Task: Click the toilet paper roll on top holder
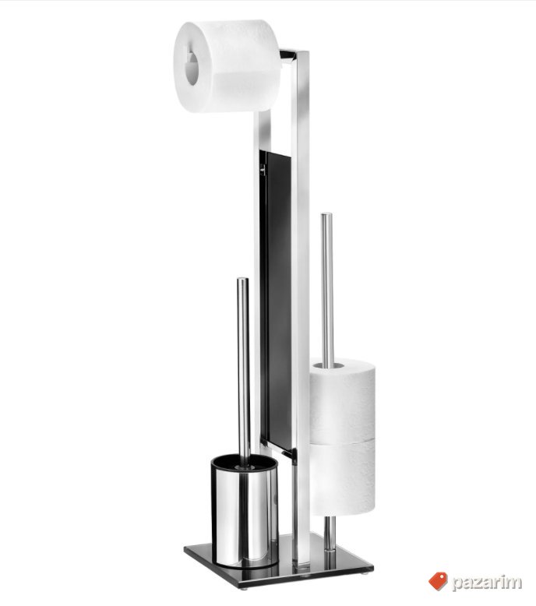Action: [x=226, y=66]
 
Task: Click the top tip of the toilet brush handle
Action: [x=243, y=280]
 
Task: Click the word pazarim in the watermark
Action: [x=487, y=583]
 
